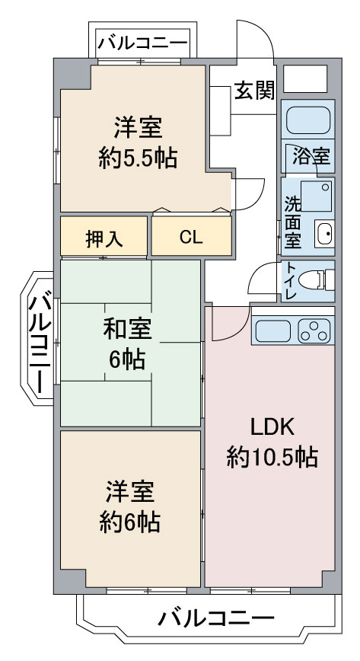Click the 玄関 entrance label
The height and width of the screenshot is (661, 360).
click(x=254, y=90)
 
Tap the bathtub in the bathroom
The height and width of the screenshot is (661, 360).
click(x=307, y=120)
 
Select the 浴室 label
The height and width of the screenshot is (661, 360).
click(x=311, y=156)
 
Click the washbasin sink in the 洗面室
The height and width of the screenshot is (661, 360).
click(x=324, y=234)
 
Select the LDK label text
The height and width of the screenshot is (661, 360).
click(x=272, y=428)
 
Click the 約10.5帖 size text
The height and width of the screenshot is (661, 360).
click(x=272, y=457)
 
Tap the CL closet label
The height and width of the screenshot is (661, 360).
click(x=191, y=238)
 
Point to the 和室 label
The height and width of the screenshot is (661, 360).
click(x=127, y=330)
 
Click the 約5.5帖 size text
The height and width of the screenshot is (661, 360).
click(x=138, y=158)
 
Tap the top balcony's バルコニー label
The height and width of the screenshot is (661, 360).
click(x=143, y=43)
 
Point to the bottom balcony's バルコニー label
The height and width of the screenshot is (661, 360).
click(x=216, y=619)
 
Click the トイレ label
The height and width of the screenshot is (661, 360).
click(x=291, y=281)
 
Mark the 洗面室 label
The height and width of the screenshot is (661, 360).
click(x=292, y=222)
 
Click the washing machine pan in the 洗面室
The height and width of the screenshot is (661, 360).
click(x=317, y=196)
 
